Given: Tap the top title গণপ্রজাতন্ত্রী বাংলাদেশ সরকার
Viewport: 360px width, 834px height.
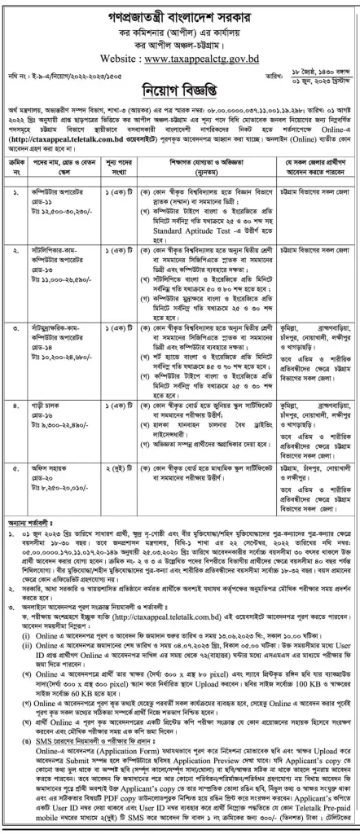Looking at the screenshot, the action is point(179,15).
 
